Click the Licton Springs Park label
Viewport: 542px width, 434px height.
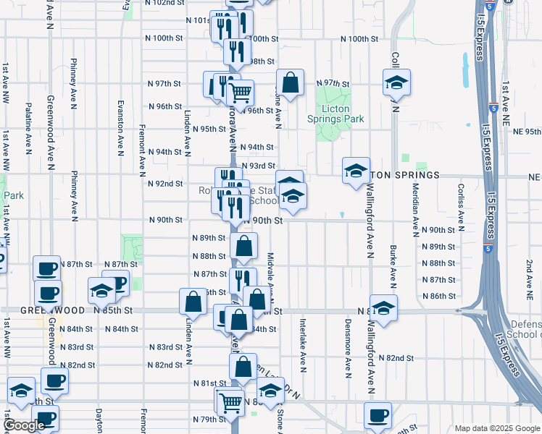click(x=334, y=114)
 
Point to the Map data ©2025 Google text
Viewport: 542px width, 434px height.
click(x=496, y=428)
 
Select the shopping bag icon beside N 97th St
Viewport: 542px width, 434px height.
click(x=290, y=83)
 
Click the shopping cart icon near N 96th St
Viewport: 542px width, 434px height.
click(x=240, y=93)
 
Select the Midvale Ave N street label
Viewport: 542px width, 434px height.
click(x=270, y=274)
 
